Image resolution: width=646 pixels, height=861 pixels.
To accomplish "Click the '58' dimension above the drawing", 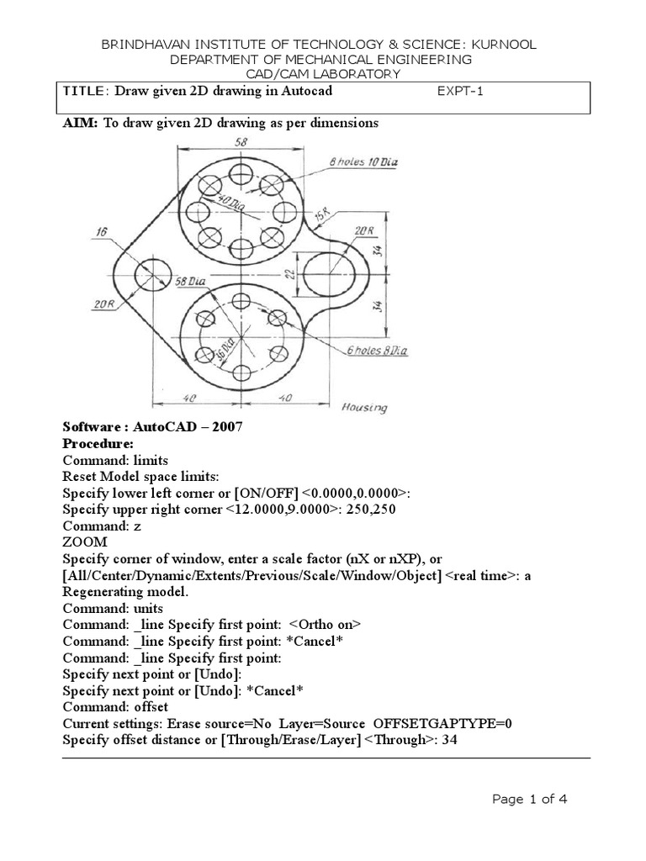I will tap(241, 143).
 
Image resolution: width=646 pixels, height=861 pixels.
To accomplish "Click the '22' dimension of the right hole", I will tap(288, 274).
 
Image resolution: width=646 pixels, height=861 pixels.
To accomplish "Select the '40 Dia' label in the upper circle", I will tap(221, 203).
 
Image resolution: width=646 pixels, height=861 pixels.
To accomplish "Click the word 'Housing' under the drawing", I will tap(364, 408).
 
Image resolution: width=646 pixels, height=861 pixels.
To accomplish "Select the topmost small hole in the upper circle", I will tap(241, 176).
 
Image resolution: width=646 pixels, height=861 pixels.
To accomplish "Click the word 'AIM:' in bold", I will tap(82, 123).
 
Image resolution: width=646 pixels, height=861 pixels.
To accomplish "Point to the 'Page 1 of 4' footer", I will tap(530, 800).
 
